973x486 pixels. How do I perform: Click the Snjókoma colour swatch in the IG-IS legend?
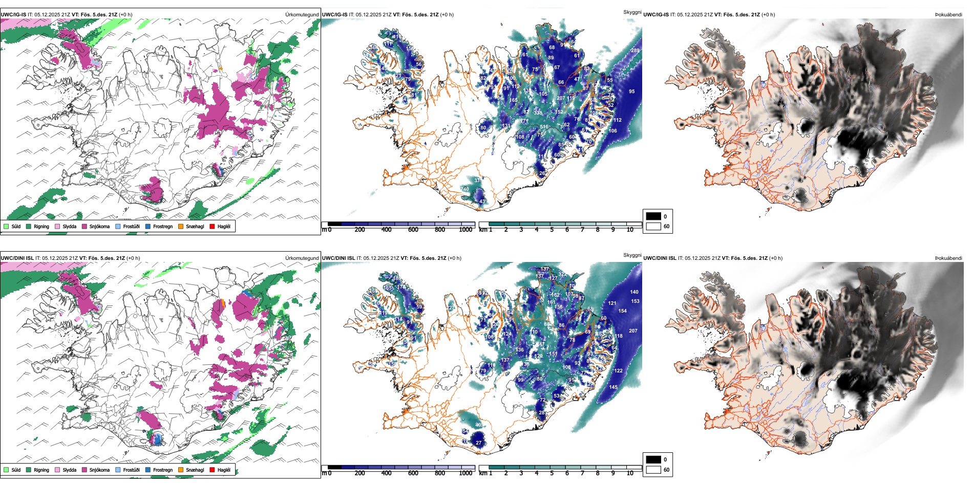point(84,226)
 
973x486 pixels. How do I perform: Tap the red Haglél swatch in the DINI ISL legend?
point(212,470)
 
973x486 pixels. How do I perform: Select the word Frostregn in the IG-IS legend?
point(162,226)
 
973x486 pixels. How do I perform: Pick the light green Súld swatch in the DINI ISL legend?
point(6,470)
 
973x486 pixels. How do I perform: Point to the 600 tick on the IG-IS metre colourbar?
point(413,230)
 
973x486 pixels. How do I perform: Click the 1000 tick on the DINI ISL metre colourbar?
point(466,473)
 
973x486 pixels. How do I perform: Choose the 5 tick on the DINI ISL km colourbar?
point(552,473)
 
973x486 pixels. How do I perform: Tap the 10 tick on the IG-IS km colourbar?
point(630,230)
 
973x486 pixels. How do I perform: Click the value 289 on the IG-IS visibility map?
point(635,51)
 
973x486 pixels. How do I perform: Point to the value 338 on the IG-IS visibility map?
point(538,113)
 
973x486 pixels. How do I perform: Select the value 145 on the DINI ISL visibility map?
point(614,387)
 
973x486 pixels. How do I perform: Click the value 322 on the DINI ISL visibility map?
point(562,274)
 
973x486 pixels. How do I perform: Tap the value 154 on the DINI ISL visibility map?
point(622,311)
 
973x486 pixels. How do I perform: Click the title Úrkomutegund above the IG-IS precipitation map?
point(302,15)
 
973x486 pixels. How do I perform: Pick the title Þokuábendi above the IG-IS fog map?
point(948,15)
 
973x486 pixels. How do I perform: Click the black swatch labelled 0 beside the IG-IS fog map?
point(653,216)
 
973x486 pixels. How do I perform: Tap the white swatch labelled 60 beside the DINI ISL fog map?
point(653,470)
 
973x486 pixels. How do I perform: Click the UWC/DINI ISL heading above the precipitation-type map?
point(17,258)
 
